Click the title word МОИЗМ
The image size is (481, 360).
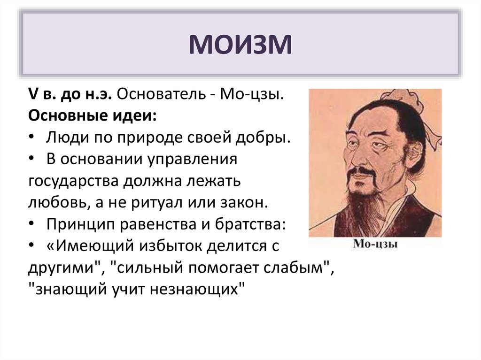click(x=240, y=45)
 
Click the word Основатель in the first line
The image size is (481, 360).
click(x=162, y=94)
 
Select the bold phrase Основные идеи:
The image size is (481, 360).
click(x=93, y=116)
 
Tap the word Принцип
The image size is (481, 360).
click(x=81, y=225)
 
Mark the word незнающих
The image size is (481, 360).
click(x=196, y=290)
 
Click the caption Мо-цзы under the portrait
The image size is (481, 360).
click(x=375, y=244)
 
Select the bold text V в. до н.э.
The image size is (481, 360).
click(x=70, y=94)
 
